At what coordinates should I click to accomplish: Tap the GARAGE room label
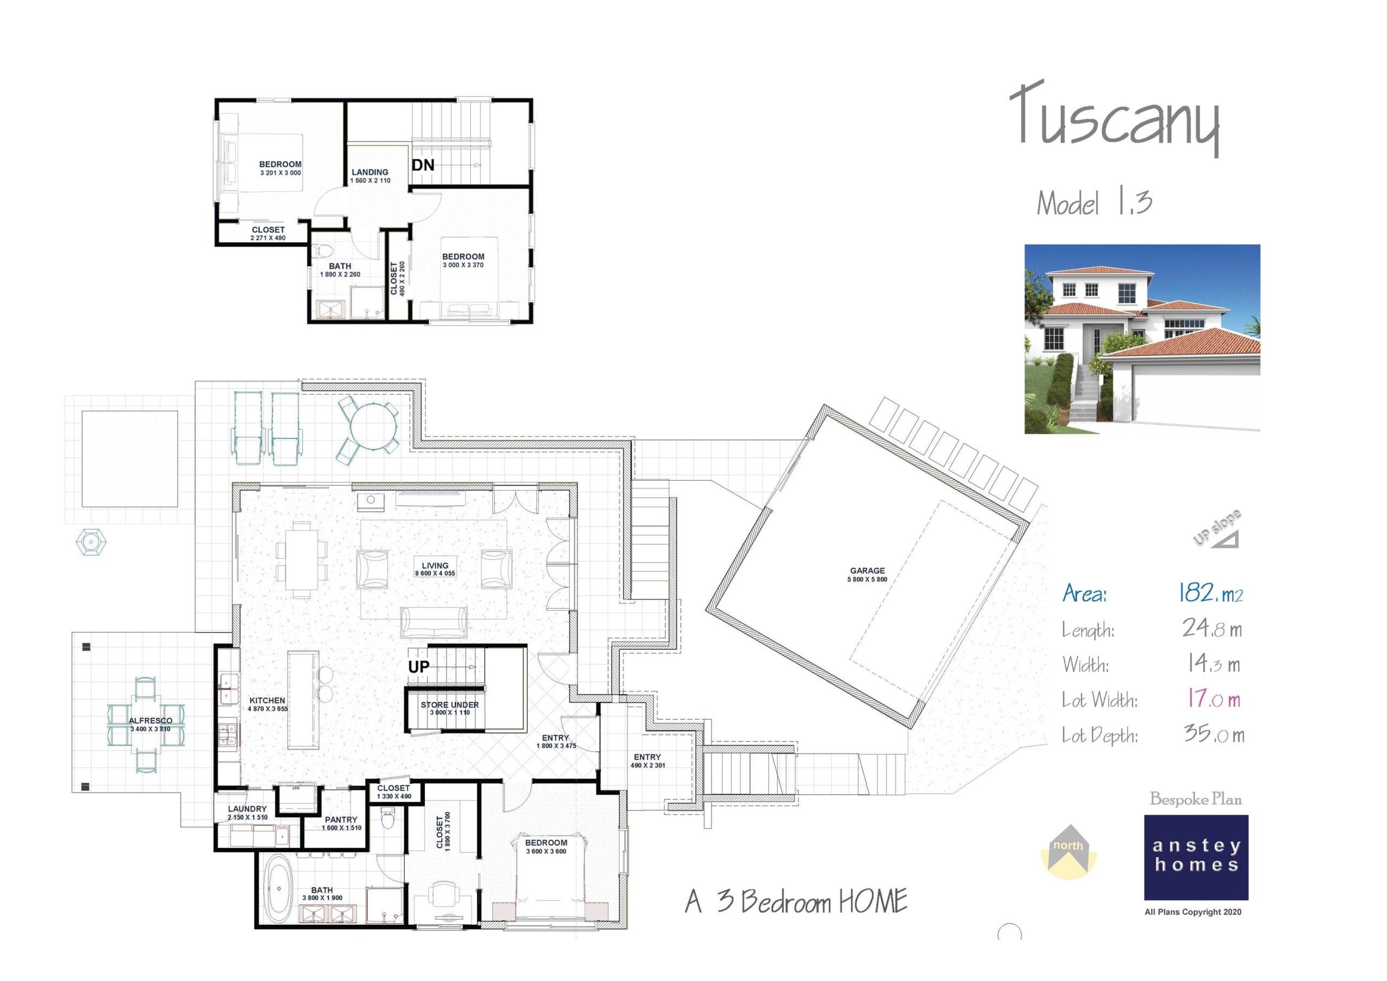[x=867, y=571]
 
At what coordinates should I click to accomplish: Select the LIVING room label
[x=435, y=566]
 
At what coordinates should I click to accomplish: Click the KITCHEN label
[x=267, y=701]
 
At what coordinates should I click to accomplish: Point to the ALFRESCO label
[x=151, y=720]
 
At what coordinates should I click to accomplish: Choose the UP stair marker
[x=419, y=667]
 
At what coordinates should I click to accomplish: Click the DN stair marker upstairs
[x=423, y=165]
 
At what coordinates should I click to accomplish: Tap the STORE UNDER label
[x=450, y=705]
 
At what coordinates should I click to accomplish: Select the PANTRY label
[x=341, y=820]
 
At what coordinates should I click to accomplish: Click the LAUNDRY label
[x=247, y=809]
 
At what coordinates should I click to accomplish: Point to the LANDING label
[x=370, y=172]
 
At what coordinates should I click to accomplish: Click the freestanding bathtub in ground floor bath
[x=278, y=889]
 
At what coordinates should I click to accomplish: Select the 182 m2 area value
[x=1210, y=593]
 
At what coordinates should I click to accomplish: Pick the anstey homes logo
[x=1196, y=856]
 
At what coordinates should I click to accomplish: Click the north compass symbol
[x=1068, y=851]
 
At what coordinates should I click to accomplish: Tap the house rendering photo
[x=1142, y=339]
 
